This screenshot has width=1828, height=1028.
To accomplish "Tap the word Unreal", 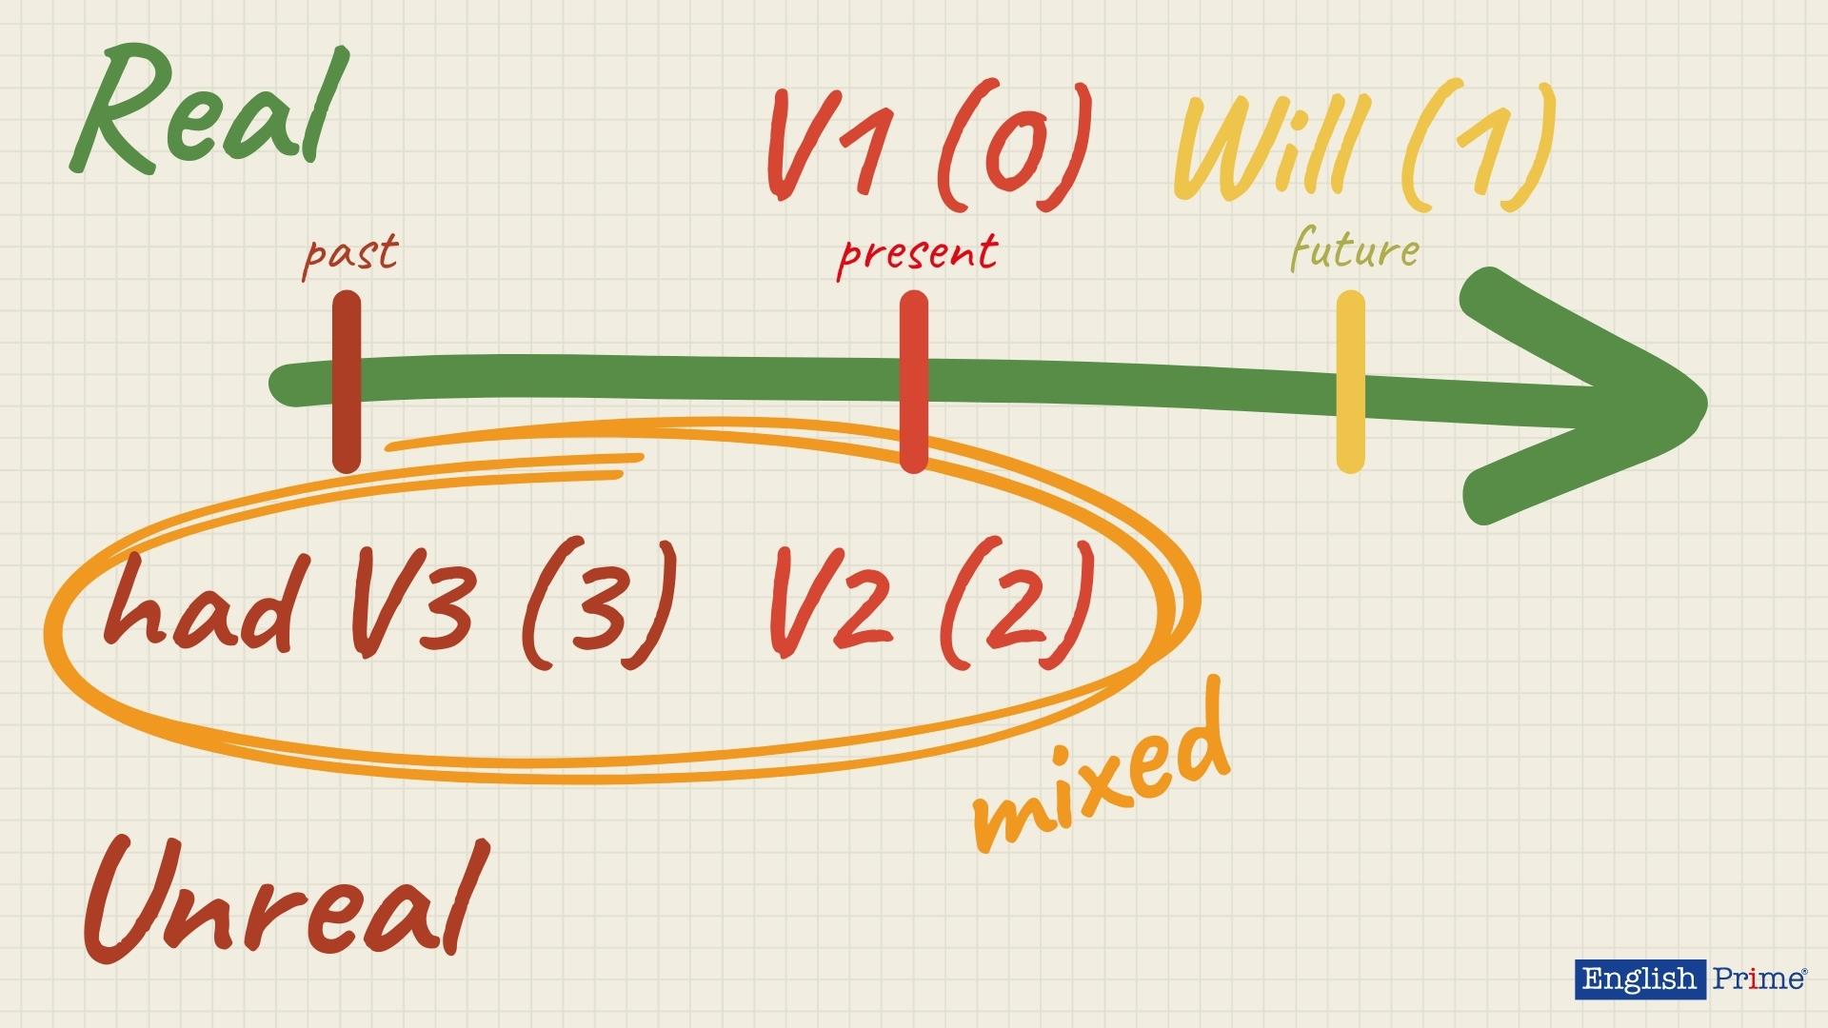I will coord(286,899).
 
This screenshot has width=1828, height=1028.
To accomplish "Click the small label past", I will coord(349,254).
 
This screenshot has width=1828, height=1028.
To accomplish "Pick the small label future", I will coord(1354,251).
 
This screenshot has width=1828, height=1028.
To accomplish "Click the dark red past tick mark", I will coord(347,381).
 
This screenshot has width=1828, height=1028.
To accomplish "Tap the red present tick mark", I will coord(913,381).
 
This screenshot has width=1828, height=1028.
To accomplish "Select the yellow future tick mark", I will coord(1350,381).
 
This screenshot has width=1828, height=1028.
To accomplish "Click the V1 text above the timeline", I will coord(838,148).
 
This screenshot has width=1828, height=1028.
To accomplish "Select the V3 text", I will coord(411,604).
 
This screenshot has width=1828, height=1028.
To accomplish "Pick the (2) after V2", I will coord(1015,604).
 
